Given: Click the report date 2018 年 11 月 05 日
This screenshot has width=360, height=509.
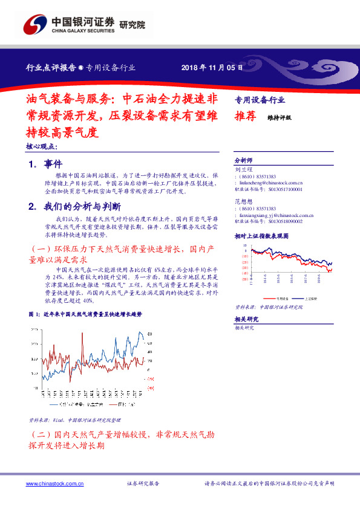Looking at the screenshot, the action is pyautogui.click(x=212, y=68).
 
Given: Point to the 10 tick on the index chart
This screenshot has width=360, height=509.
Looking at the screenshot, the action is pyautogui.click(x=245, y=247).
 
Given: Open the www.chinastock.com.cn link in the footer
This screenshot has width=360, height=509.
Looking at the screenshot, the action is pyautogui.click(x=55, y=484).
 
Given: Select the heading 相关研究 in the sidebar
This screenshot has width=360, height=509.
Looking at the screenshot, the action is pyautogui.click(x=246, y=319).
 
